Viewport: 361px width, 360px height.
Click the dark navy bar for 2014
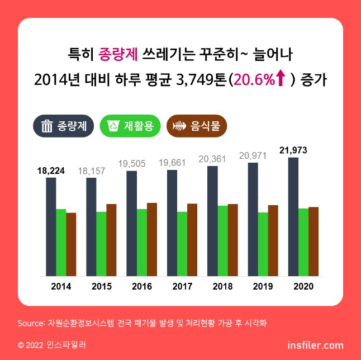pos(51,226)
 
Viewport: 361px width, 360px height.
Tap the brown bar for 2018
pos(232,240)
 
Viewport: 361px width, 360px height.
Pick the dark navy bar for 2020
pos(293,216)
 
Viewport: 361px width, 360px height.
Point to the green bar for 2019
pos(263,244)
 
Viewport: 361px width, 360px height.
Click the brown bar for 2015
pos(112,240)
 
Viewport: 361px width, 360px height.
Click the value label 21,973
pos(293,150)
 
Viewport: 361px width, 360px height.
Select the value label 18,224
pos(51,170)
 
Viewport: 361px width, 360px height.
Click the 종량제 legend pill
pos(64,126)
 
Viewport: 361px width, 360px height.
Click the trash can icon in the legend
pos(47,126)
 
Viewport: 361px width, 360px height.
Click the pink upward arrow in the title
pos(281,79)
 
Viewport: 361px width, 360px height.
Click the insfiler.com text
pos(315,345)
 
